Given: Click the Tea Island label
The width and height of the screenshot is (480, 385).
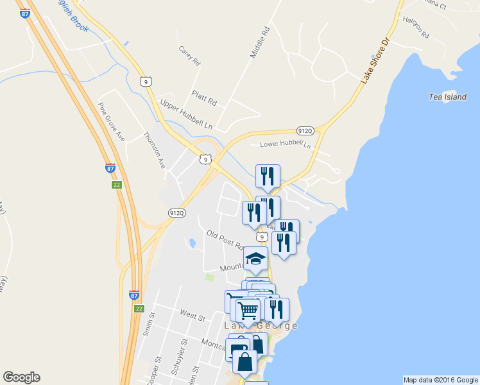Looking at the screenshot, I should [x=447, y=97].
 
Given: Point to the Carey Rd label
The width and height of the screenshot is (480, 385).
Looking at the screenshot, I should [x=190, y=56].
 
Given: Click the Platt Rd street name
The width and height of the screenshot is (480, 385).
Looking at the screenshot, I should [x=204, y=98].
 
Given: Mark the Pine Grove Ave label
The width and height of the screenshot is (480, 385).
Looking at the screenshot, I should [x=111, y=121].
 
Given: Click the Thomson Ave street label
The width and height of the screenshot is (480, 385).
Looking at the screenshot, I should [x=155, y=150].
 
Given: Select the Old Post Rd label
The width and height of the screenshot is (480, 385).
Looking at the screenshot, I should [x=225, y=240].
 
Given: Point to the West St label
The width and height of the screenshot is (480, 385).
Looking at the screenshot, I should [x=192, y=316].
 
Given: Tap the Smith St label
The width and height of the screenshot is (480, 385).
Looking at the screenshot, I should [x=150, y=325].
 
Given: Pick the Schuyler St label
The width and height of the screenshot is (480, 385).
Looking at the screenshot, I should [x=178, y=362].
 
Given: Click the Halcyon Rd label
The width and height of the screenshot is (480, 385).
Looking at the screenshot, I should [x=416, y=30].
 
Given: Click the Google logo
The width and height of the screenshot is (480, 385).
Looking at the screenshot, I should [x=21, y=377].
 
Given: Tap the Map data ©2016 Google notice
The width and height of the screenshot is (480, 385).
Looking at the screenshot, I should [x=440, y=380].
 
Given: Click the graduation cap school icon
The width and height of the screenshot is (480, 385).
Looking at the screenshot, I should [x=256, y=261].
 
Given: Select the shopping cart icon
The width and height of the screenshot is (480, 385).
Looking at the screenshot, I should [x=248, y=311].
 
